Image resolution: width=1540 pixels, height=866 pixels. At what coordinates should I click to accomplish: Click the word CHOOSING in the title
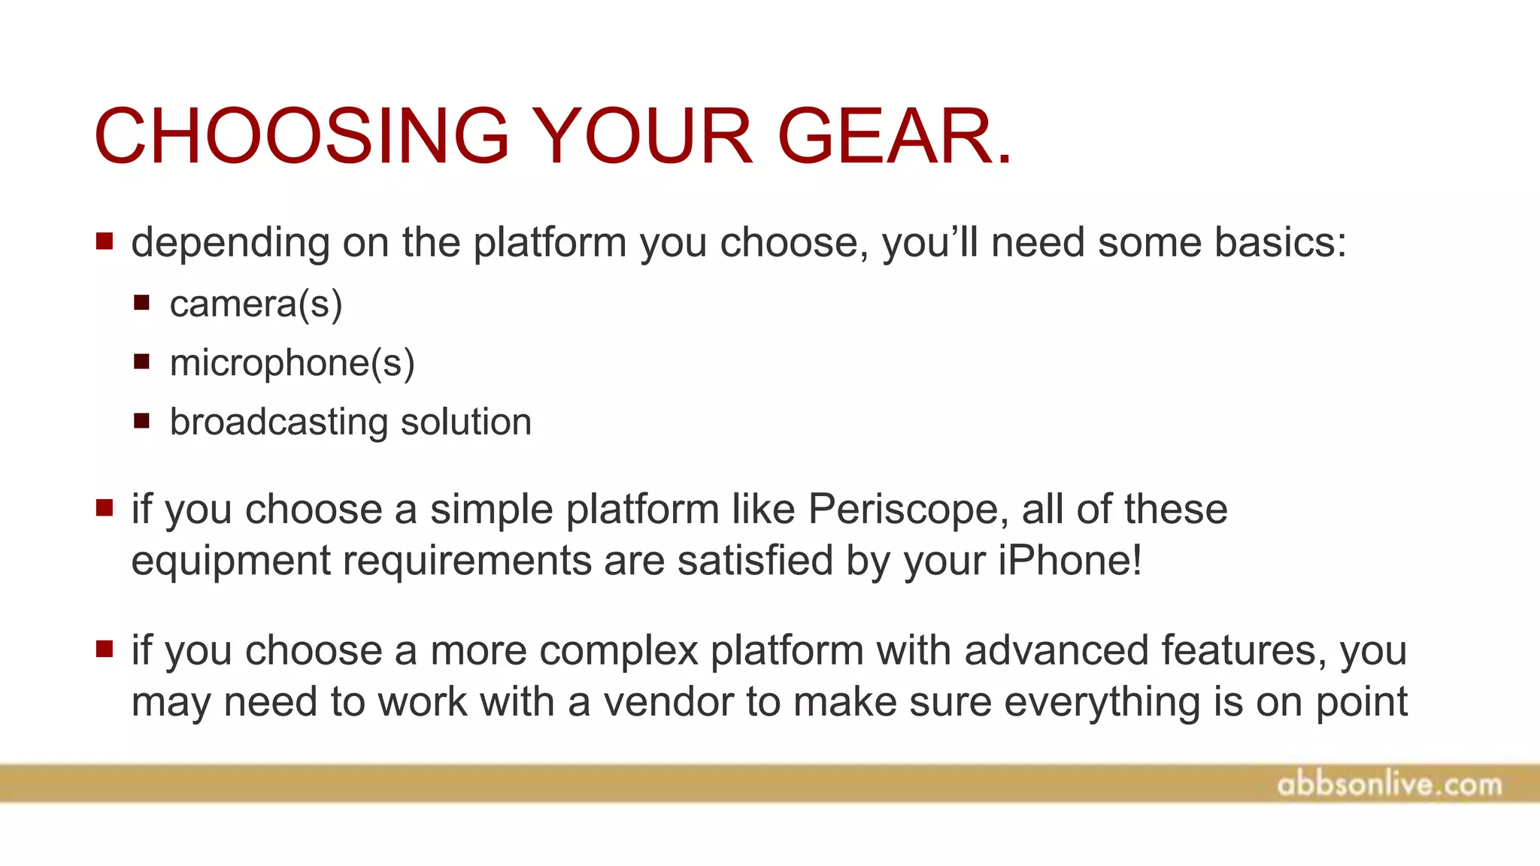coord(302,137)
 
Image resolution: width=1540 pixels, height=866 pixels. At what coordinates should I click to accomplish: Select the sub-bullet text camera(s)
coord(256,304)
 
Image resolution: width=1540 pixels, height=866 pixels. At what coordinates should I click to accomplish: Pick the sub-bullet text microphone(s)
coord(292,363)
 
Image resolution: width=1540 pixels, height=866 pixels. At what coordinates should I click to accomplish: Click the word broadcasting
coord(278,422)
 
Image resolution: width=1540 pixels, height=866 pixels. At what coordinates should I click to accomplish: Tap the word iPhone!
coord(1069,561)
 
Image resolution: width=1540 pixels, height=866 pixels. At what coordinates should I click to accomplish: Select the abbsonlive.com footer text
coord(1389,785)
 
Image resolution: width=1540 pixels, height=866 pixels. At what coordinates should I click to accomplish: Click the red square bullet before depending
coord(105,241)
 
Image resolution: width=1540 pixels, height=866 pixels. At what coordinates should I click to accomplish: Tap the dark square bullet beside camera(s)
coord(142,303)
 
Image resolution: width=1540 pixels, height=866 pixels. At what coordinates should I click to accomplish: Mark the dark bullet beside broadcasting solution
coord(142,420)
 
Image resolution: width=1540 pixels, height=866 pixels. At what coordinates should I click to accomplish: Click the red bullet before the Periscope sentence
coord(105,508)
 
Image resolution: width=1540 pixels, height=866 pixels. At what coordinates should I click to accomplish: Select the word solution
coord(466,422)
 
